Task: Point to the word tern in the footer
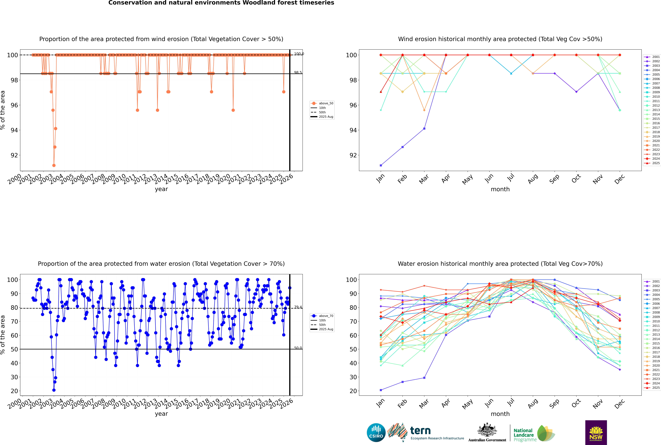pyautogui.click(x=420, y=431)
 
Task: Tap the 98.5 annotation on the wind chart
pyautogui.click(x=298, y=73)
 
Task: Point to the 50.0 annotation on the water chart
pyautogui.click(x=298, y=348)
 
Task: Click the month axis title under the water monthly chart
pyautogui.click(x=500, y=414)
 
